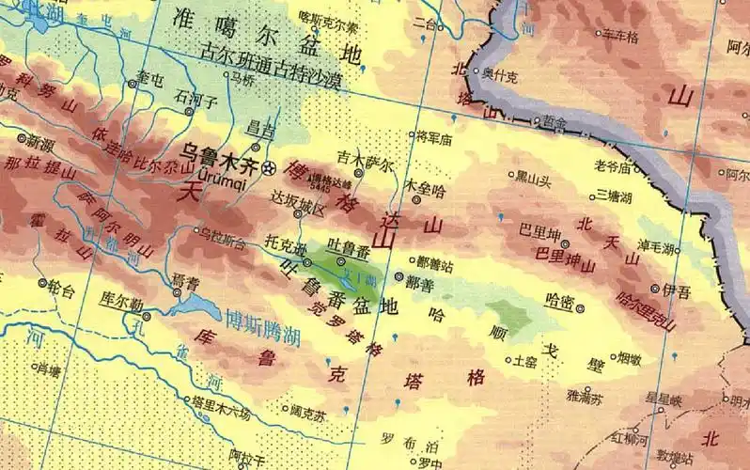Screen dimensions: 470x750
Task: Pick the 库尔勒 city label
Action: tap(120, 302)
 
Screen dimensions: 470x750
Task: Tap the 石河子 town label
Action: tap(196, 97)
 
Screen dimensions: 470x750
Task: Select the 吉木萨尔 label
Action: tap(367, 160)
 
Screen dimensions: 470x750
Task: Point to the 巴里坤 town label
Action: tap(539, 232)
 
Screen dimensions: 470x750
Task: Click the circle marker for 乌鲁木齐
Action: tap(271, 169)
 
